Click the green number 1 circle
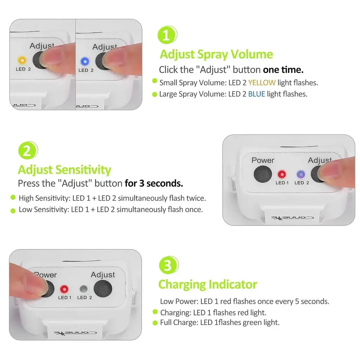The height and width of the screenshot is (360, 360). pyautogui.click(x=167, y=35)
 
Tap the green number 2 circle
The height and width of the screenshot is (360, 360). pyautogui.click(x=28, y=150)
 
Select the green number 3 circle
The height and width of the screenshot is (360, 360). pyautogui.click(x=169, y=265)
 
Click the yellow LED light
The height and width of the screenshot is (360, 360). pyautogui.click(x=22, y=60)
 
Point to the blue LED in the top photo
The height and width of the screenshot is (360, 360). pyautogui.click(x=85, y=61)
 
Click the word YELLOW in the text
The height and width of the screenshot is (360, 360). pyautogui.click(x=262, y=83)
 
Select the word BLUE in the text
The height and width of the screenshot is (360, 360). pyautogui.click(x=256, y=94)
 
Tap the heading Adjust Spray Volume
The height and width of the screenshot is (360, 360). pyautogui.click(x=216, y=54)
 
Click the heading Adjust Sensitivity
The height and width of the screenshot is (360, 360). pyautogui.click(x=65, y=170)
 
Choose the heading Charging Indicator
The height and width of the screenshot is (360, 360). pyautogui.click(x=207, y=284)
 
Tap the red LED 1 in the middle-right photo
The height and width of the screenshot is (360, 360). pyautogui.click(x=282, y=174)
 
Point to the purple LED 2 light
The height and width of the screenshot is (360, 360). pyautogui.click(x=301, y=174)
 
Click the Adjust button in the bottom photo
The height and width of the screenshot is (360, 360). pyautogui.click(x=103, y=289)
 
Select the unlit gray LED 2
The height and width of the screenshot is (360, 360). pyautogui.click(x=83, y=289)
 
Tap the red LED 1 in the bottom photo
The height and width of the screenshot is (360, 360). pyautogui.click(x=64, y=289)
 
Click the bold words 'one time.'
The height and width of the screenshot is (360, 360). pyautogui.click(x=283, y=70)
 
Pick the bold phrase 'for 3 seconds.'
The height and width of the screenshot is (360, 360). pyautogui.click(x=154, y=183)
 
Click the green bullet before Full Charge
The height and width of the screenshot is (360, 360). pyautogui.click(x=155, y=323)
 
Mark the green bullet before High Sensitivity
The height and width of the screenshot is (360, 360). pyautogui.click(x=13, y=197)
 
